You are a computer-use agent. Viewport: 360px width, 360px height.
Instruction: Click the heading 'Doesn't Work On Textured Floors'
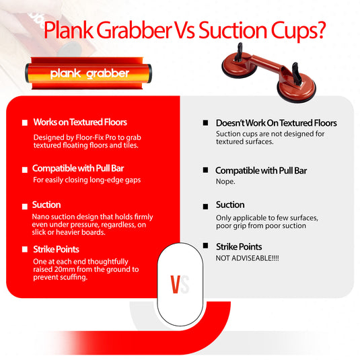click(x=276, y=123)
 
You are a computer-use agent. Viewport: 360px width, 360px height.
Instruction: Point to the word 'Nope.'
click(x=225, y=182)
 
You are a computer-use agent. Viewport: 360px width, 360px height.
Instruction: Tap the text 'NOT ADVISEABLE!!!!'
click(x=246, y=258)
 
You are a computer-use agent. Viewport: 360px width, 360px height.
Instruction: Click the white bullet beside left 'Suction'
click(x=25, y=205)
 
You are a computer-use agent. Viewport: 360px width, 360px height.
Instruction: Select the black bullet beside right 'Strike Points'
click(x=206, y=247)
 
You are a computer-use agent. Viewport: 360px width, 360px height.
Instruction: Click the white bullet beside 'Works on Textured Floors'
click(x=25, y=122)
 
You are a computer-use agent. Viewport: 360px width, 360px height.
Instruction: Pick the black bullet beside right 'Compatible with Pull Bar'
click(x=206, y=171)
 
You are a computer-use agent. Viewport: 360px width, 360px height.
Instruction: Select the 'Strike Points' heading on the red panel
click(x=56, y=250)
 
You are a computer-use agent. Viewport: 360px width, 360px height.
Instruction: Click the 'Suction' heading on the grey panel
click(x=230, y=205)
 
